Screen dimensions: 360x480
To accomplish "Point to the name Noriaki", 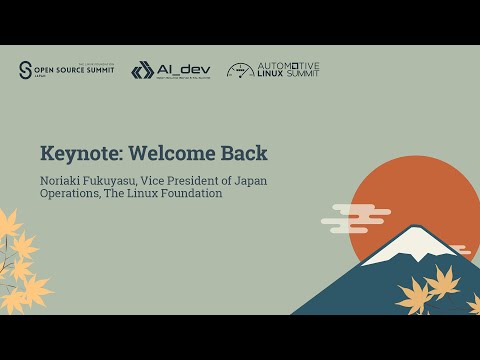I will (x=65, y=180).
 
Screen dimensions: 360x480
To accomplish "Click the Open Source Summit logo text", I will (x=75, y=71).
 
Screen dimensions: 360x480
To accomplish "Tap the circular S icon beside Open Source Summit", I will (x=25, y=70).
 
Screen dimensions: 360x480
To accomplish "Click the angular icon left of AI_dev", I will (x=142, y=70).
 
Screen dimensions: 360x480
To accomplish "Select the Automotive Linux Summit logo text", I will (x=288, y=70).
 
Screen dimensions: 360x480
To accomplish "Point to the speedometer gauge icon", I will (x=241, y=70).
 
